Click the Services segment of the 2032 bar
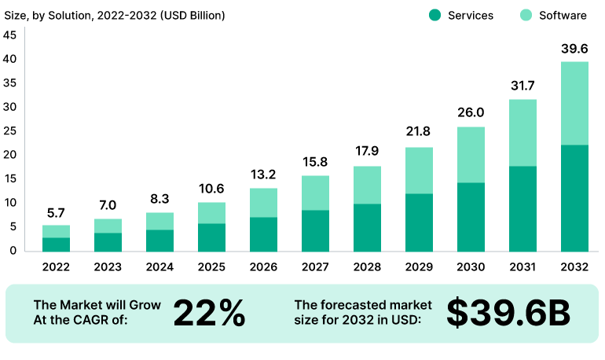tap(574, 197)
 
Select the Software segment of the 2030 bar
tap(471, 155)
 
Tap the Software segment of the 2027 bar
tap(315, 193)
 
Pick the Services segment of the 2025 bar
tap(211, 237)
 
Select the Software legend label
tap(563, 16)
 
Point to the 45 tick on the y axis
tap(10, 35)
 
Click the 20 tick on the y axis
tap(10, 155)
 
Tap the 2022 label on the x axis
tap(56, 267)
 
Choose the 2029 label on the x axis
tap(419, 267)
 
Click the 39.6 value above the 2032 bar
tap(574, 49)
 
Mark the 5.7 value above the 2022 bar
tap(56, 212)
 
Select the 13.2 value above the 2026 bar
tap(263, 174)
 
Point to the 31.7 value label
tap(522, 86)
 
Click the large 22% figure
tap(209, 313)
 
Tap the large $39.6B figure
tap(508, 313)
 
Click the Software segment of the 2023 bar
tap(108, 226)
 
